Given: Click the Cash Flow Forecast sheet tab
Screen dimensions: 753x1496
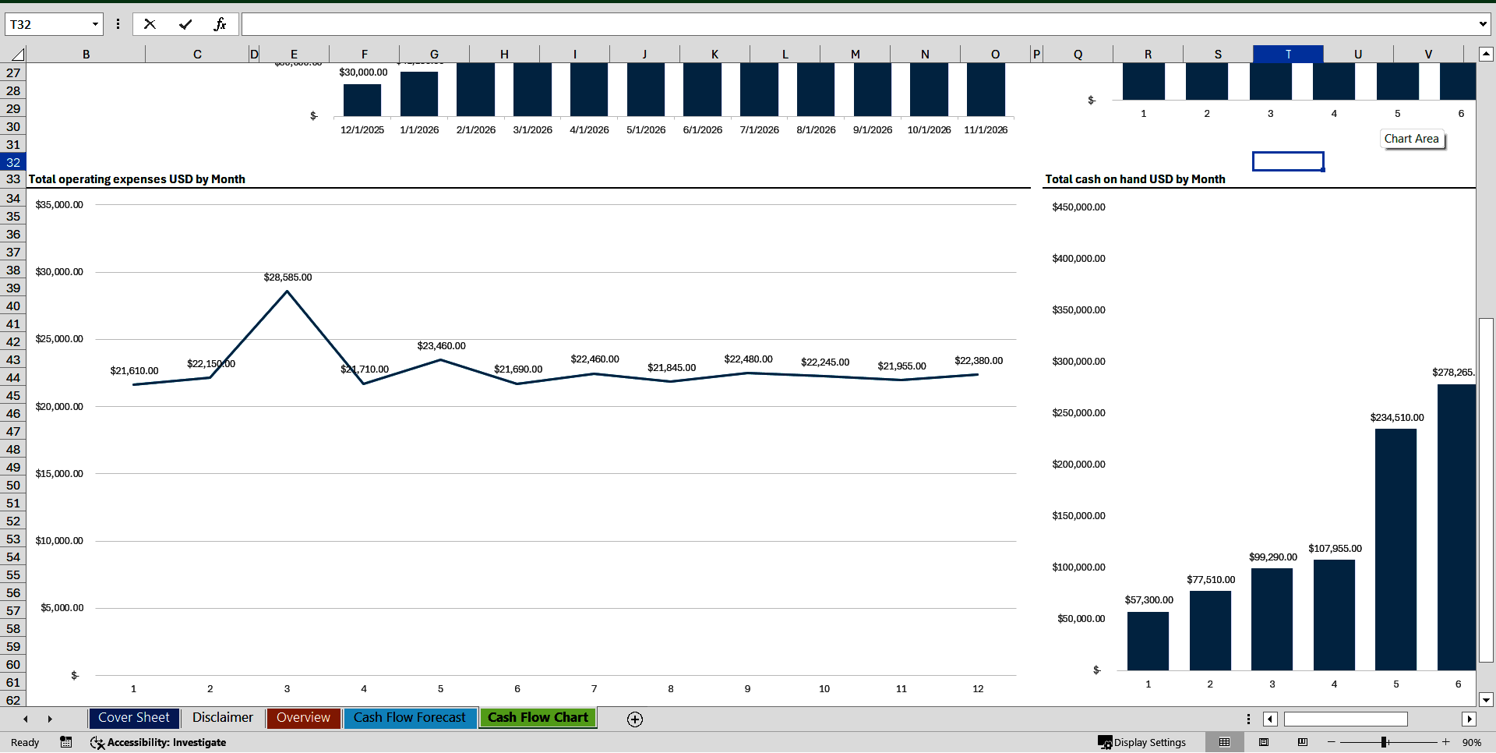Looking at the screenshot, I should (x=409, y=718).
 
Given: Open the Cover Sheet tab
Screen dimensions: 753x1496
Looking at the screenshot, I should (x=133, y=718).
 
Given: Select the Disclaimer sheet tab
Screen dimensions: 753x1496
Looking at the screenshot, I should (x=222, y=718).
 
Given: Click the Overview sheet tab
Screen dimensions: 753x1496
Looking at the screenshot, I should (x=303, y=718).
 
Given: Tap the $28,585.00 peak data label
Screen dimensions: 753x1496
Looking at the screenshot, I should (x=288, y=278).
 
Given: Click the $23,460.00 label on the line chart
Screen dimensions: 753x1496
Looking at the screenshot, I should (x=441, y=346).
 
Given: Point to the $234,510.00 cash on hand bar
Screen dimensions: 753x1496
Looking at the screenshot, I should (x=1395, y=546).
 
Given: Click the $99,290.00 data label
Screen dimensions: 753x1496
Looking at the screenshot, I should (x=1272, y=557).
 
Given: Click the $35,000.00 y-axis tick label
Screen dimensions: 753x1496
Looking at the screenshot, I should (x=59, y=205).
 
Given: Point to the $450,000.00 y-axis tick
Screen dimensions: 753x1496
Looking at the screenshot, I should (x=1078, y=207).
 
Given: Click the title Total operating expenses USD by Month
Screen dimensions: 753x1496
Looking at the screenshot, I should (x=137, y=179).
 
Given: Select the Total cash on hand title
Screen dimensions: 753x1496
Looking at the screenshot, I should (x=1134, y=179).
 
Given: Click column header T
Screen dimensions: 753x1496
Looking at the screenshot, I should (x=1288, y=54).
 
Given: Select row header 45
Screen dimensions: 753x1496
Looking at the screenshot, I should (x=13, y=396).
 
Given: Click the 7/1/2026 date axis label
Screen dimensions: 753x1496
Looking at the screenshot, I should (x=759, y=130).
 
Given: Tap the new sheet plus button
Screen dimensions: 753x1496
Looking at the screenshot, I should (x=635, y=719).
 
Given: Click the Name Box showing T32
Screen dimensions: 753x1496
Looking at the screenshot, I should (x=47, y=24).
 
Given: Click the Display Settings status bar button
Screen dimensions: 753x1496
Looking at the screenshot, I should (x=1142, y=742).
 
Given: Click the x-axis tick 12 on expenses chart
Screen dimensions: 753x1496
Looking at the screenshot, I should (x=978, y=689).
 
